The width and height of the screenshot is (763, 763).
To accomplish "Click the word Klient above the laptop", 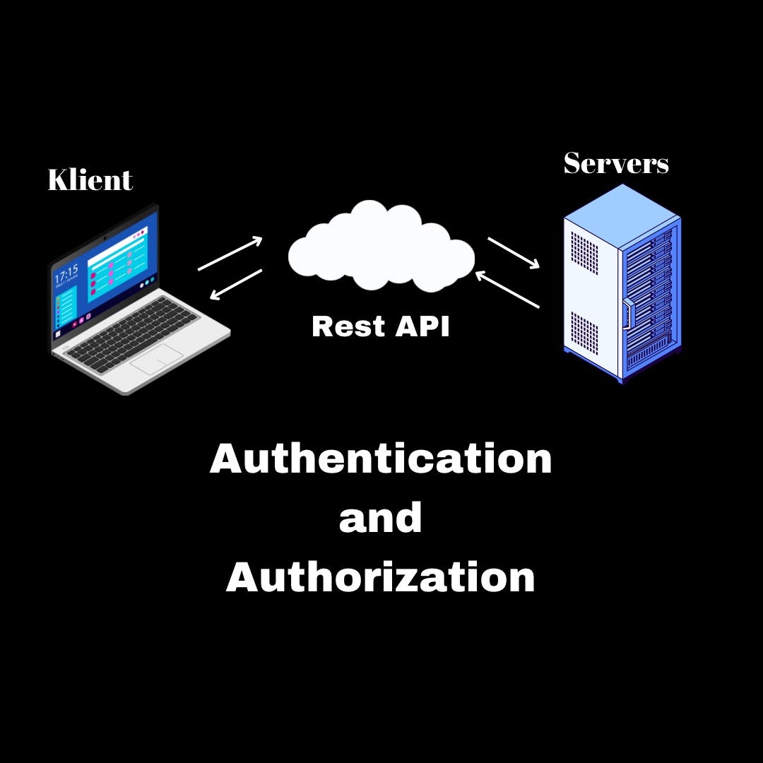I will [x=90, y=180].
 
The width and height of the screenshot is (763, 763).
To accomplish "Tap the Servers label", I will [x=616, y=164].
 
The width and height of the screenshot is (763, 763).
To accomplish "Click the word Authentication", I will [x=381, y=459].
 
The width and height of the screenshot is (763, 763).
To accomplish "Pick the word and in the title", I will [x=381, y=518].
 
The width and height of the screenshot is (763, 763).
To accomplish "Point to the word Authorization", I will [x=381, y=577].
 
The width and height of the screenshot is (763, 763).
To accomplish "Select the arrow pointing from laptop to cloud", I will [x=230, y=254].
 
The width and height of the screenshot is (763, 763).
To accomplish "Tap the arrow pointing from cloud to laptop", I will [x=236, y=284].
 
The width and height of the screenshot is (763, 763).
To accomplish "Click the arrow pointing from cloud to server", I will [x=514, y=253].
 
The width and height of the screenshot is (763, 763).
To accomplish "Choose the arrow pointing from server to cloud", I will [x=507, y=290].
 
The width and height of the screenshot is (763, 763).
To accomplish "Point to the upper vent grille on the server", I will [x=584, y=254].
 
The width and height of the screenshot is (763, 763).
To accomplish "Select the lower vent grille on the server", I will [x=584, y=333].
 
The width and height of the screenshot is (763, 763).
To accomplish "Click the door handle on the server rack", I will [x=625, y=314].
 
